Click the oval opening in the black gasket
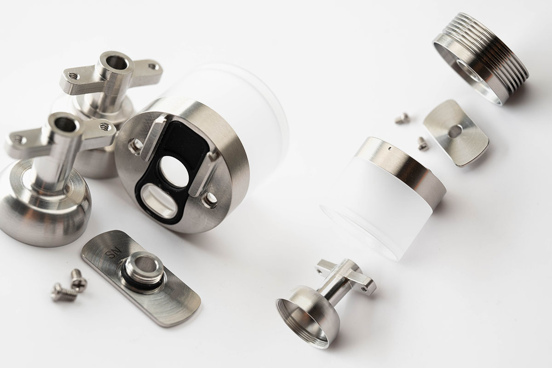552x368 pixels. pos(159,201)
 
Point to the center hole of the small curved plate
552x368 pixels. pos(454,132)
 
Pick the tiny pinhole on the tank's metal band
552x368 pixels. pos(390,149)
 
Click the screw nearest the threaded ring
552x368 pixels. pos(402,119)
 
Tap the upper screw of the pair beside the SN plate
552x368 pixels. pos(78,278)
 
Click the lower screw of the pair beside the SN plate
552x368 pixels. pos(63,292)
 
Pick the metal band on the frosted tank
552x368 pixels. pos(405,166)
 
